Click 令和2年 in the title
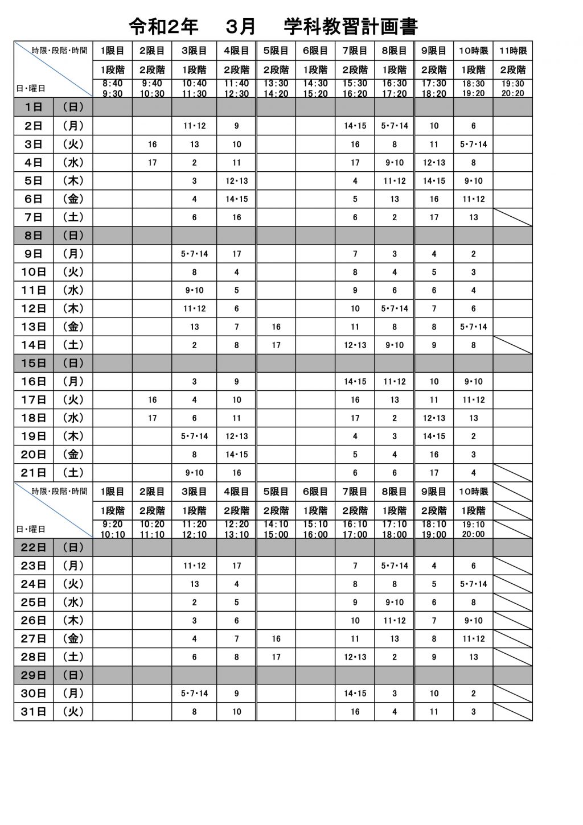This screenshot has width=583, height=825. pyautogui.click(x=164, y=26)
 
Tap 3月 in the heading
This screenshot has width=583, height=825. pyautogui.click(x=240, y=26)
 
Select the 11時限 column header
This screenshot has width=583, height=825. pyautogui.click(x=513, y=51)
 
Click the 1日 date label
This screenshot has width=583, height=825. pyautogui.click(x=34, y=107)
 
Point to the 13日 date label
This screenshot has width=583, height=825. pyautogui.click(x=34, y=327)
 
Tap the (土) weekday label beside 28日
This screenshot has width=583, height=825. pyautogui.click(x=73, y=657)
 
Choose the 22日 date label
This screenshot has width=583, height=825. pyautogui.click(x=34, y=547)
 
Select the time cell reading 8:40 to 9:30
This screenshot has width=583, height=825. pyautogui.click(x=113, y=89)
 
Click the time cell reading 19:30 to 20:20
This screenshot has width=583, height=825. pyautogui.click(x=513, y=89)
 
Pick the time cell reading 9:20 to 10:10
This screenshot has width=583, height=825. pyautogui.click(x=113, y=530)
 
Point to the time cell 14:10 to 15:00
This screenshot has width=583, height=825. pyautogui.click(x=276, y=530)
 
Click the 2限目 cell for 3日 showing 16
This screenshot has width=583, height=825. pyautogui.click(x=152, y=145)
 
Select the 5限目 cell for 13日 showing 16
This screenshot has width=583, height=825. pyautogui.click(x=276, y=327)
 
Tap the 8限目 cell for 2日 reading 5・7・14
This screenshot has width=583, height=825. pyautogui.click(x=395, y=126)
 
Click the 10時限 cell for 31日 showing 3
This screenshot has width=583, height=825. pyautogui.click(x=473, y=712)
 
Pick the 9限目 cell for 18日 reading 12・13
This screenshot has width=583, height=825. pyautogui.click(x=434, y=418)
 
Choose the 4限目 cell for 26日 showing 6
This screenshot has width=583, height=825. pyautogui.click(x=237, y=621)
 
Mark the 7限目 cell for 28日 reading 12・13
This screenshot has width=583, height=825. pyautogui.click(x=355, y=657)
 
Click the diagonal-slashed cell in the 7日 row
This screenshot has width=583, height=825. pyautogui.click(x=513, y=217)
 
